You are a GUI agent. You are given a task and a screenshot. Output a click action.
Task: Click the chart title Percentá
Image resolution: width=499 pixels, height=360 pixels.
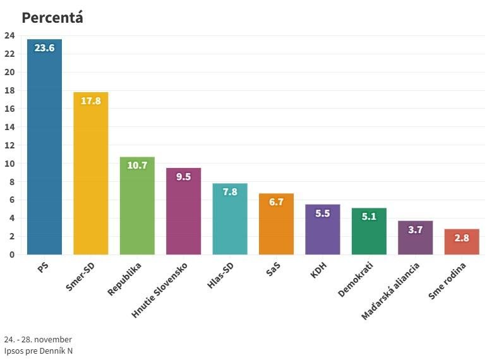tap(52, 18)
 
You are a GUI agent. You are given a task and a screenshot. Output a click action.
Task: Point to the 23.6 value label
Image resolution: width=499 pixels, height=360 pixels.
tap(44, 48)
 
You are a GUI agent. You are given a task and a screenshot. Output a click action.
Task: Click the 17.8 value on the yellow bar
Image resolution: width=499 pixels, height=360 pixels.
tap(91, 101)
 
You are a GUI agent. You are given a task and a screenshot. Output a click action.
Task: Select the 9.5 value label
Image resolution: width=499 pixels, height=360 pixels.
tap(183, 177)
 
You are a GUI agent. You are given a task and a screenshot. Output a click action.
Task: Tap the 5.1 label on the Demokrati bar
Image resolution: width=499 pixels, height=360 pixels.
tap(369, 217)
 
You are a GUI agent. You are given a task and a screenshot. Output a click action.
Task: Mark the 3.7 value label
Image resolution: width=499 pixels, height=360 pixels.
tap(415, 230)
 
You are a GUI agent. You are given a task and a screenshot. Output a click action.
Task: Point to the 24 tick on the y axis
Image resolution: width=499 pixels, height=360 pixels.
tap(9, 36)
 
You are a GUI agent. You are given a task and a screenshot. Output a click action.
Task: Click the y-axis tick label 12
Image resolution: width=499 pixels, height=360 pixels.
tap(9, 145)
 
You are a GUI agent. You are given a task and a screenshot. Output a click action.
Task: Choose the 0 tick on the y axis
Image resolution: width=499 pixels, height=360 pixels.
tap(12, 255)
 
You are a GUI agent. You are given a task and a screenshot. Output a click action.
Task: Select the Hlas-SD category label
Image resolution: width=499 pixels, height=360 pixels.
tap(221, 276)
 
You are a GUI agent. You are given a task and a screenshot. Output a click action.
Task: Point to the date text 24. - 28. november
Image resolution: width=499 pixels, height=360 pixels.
tap(38, 339)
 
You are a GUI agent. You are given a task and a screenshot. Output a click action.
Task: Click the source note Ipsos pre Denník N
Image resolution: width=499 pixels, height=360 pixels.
tap(38, 351)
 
